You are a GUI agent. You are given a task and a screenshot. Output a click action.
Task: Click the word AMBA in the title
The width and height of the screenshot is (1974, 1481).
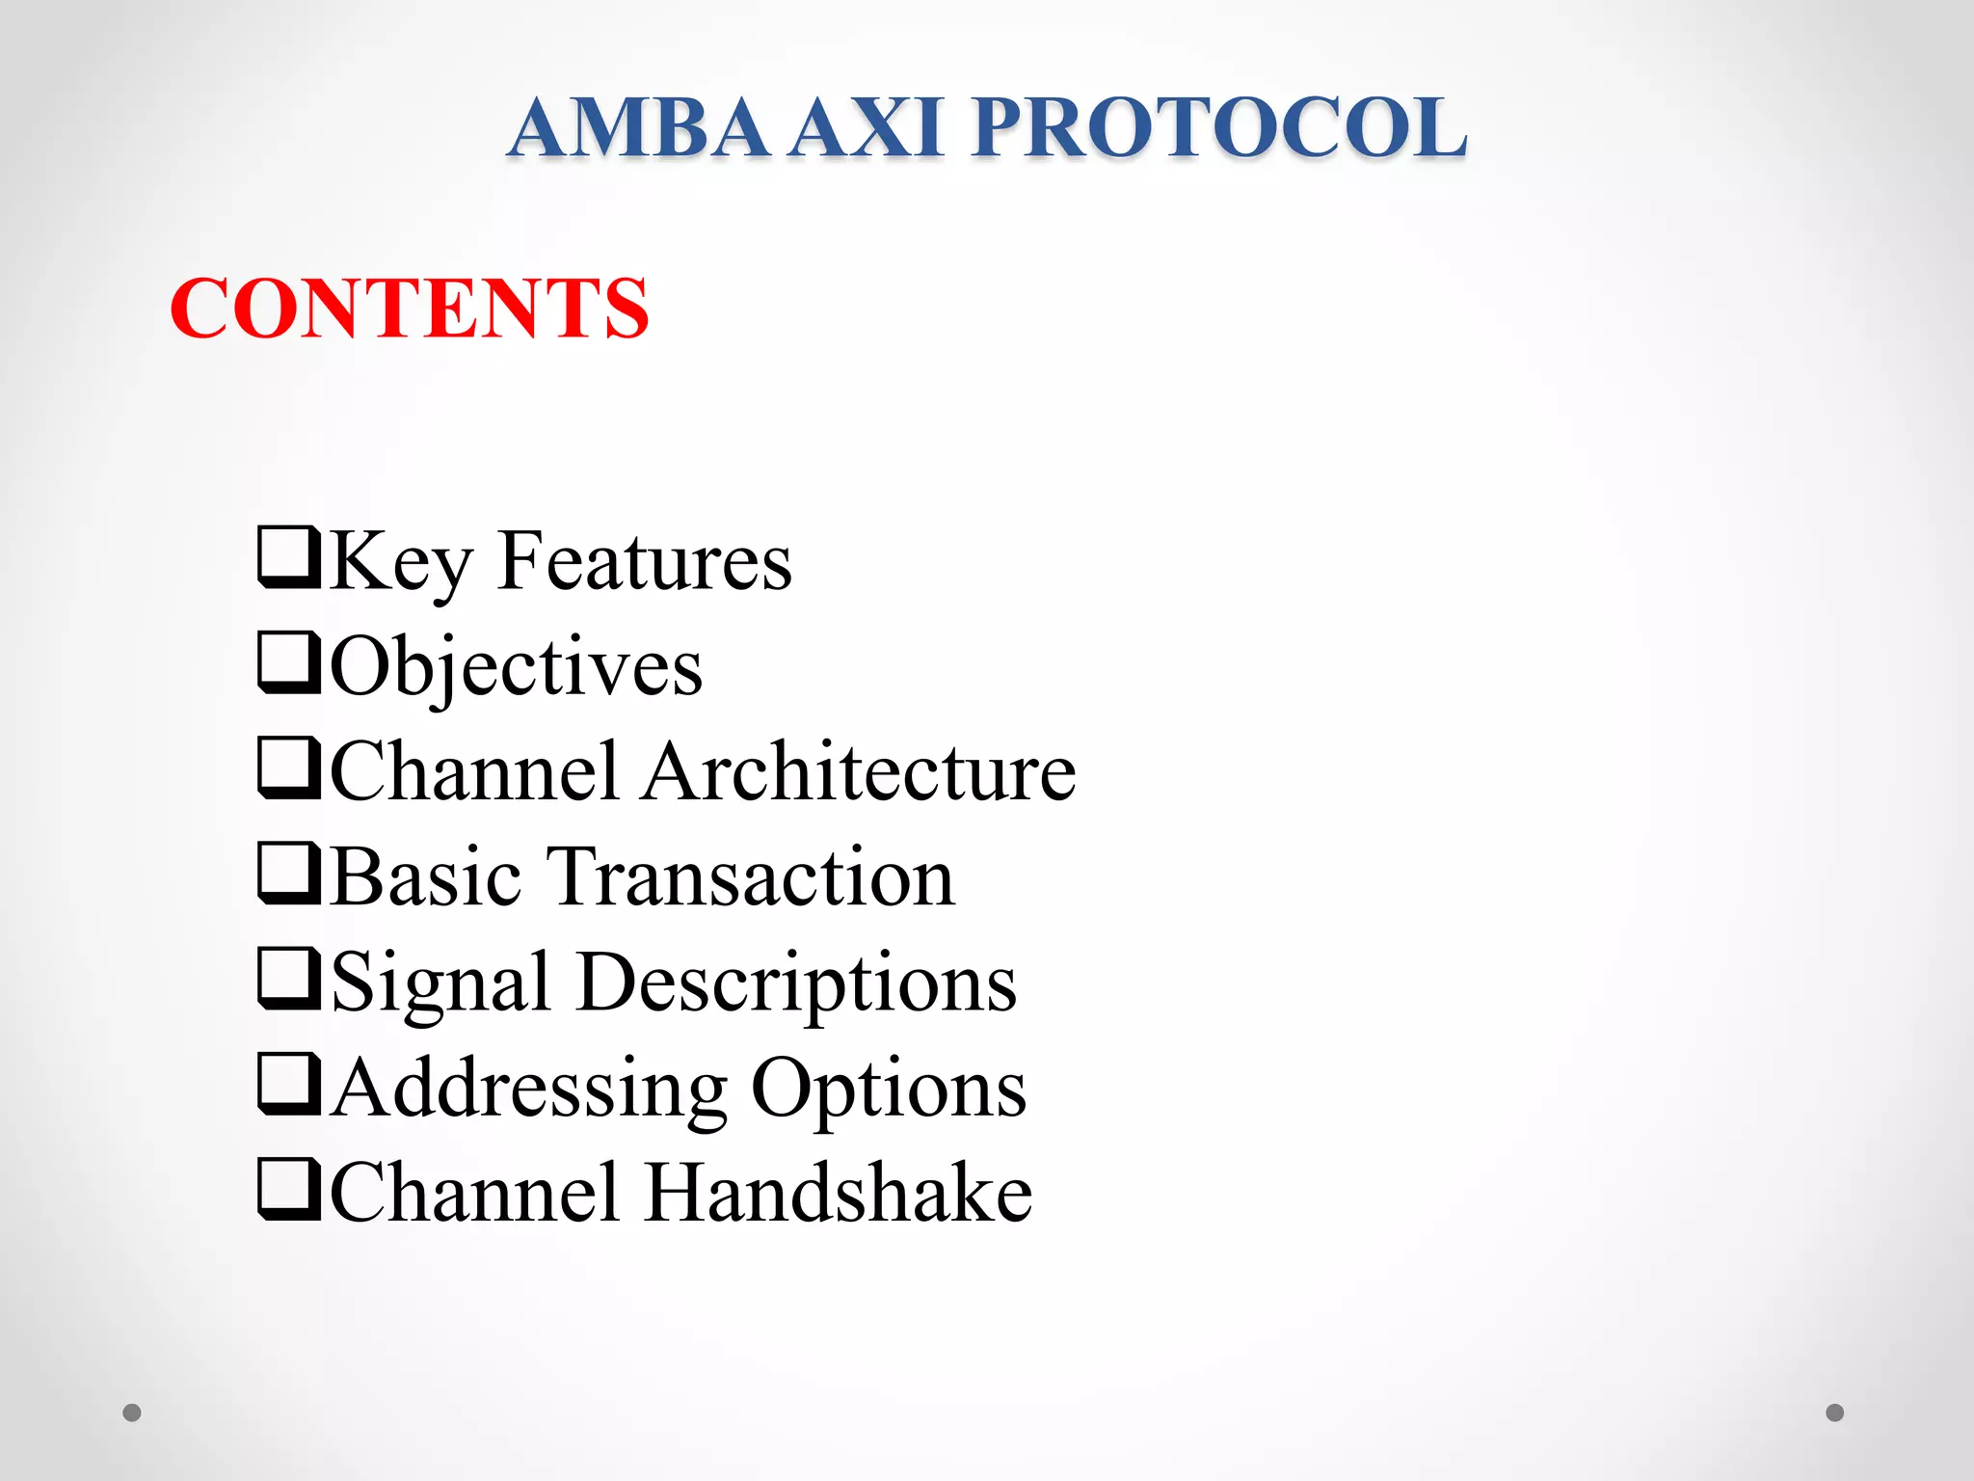coord(638,127)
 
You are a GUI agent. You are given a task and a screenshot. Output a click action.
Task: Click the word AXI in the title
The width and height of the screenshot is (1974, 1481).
coord(866,127)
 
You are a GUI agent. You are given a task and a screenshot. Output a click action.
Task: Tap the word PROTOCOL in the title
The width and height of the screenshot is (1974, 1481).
coord(1219,127)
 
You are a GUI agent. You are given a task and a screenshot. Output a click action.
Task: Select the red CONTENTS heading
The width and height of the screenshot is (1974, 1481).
coord(410,309)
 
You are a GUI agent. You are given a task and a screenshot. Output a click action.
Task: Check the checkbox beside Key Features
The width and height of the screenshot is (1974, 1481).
coord(289,557)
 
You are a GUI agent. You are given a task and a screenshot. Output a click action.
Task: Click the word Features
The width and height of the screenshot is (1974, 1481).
coord(645,562)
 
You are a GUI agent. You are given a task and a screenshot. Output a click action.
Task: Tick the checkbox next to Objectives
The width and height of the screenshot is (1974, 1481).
coord(289,662)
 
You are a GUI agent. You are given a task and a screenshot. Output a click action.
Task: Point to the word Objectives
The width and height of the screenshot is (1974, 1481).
coord(517,668)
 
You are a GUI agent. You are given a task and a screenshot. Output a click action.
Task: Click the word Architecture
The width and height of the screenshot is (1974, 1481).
coord(859,772)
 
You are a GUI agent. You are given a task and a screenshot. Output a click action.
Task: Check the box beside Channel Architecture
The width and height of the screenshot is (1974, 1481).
coord(289,767)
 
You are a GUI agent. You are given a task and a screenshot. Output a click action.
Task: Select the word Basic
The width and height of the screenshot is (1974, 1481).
coord(426,877)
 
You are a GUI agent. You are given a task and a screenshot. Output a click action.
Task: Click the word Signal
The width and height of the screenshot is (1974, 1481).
coord(440,984)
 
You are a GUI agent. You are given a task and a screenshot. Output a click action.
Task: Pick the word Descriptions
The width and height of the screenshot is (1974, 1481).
coord(797,984)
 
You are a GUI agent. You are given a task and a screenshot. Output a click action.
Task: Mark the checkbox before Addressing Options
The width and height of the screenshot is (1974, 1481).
coord(289,1084)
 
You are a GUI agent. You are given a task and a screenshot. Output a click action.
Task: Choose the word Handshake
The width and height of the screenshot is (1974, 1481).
coord(839,1194)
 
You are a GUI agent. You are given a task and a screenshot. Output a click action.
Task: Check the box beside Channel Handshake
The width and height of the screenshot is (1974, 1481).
coord(289,1189)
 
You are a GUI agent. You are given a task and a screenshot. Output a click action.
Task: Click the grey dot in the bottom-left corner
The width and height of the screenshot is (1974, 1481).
coord(132,1413)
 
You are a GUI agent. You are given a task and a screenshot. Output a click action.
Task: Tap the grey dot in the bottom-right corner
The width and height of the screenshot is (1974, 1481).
coord(1835,1413)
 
